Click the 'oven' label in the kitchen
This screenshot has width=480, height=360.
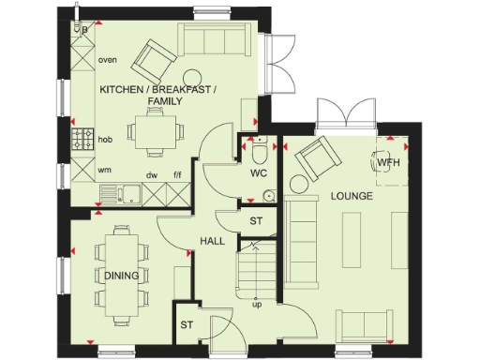(x=109, y=61)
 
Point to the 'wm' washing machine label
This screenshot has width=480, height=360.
(x=106, y=171)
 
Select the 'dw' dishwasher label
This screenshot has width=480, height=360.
(x=150, y=173)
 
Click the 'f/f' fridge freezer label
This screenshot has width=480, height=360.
(x=176, y=173)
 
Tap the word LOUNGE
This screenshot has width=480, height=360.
(x=352, y=197)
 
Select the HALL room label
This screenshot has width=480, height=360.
(x=211, y=242)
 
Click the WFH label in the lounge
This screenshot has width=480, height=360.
(x=388, y=163)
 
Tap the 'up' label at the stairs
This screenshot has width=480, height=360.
(x=256, y=304)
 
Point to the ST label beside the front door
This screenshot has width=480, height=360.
(x=187, y=325)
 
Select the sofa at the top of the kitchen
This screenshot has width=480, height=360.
(x=214, y=40)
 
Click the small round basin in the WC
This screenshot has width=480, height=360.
(x=269, y=196)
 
